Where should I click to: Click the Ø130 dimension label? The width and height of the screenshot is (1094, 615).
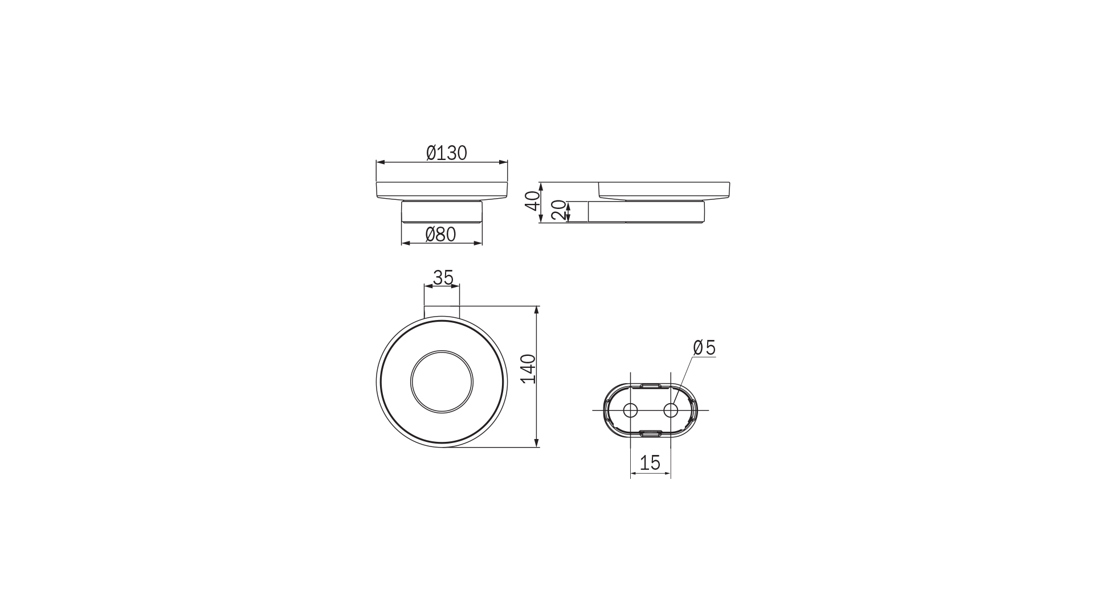point(446,153)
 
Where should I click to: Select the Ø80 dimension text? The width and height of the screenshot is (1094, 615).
point(440,234)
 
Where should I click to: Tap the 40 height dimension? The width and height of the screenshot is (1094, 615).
point(532,201)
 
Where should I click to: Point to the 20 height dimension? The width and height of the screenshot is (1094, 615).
point(559,211)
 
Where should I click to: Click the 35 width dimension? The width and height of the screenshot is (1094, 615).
point(443,277)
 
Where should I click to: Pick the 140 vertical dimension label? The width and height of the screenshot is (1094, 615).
point(529,368)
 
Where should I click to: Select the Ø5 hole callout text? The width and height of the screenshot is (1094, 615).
point(704,347)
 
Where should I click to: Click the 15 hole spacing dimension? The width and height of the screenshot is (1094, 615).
point(650,463)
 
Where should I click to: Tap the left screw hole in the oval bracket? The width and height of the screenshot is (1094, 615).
point(630,410)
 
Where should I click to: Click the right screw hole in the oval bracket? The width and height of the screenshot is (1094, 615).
point(671,410)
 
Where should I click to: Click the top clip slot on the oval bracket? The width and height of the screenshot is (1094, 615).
point(650,386)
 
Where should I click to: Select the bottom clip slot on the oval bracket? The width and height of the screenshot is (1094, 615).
point(650,434)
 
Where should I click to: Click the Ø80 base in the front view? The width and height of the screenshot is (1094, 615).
point(442,212)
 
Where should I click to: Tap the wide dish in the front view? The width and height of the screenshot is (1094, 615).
point(442,190)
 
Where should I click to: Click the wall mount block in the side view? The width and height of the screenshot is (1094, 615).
point(646,212)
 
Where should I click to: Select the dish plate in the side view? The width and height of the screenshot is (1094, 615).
point(664,190)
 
